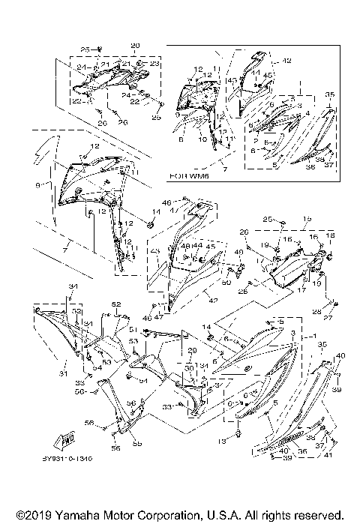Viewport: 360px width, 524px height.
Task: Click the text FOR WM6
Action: click(188, 178)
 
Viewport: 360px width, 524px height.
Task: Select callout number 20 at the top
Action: click(135, 46)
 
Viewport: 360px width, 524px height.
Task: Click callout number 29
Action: click(191, 350)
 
